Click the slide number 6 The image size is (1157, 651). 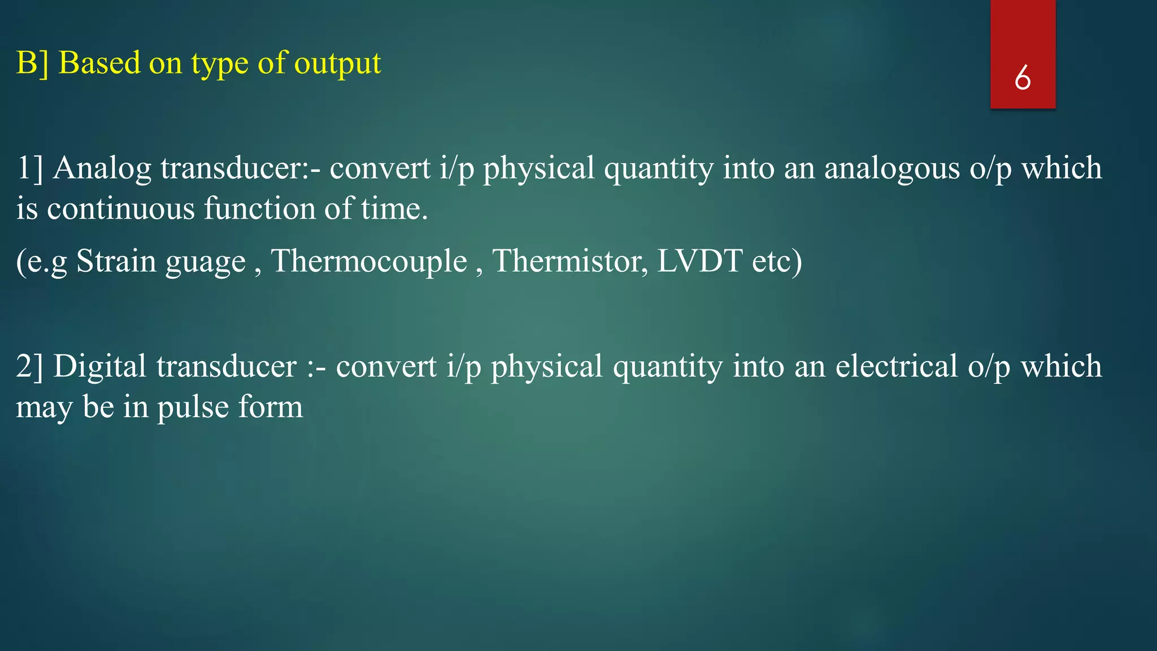(1022, 77)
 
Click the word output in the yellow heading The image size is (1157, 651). (337, 63)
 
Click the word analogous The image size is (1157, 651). (891, 169)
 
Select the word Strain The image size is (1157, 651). (116, 261)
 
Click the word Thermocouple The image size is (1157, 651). (369, 261)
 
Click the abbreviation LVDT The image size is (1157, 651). (699, 261)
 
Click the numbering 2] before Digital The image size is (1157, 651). (29, 367)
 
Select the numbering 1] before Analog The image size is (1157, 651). (29, 169)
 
